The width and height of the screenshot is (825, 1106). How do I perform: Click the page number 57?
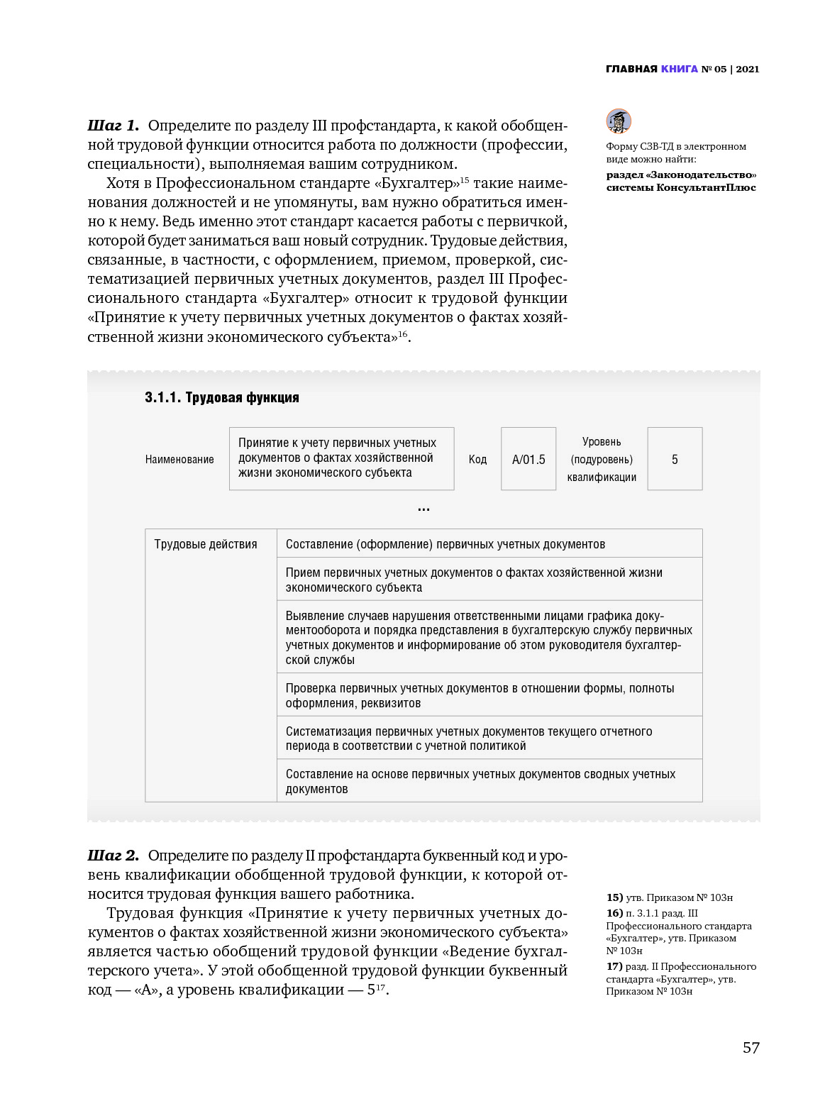(751, 1048)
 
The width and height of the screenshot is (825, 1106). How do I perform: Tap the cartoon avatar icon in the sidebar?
(619, 121)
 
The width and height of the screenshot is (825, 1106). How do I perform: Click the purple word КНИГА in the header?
(679, 69)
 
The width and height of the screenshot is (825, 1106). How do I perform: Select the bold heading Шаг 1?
(113, 126)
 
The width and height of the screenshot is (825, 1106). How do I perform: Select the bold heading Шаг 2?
(113, 856)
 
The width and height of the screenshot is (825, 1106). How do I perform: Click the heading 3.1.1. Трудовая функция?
(221, 397)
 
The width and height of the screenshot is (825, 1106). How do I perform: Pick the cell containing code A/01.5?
(528, 459)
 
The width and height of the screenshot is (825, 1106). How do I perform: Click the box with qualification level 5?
(675, 459)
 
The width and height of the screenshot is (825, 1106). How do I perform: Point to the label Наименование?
(179, 459)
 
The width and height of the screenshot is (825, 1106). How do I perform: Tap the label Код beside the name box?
(477, 459)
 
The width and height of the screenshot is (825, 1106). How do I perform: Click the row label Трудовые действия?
(206, 544)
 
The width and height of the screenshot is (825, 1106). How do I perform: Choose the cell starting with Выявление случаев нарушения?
(489, 637)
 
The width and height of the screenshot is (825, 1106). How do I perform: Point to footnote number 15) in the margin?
(614, 897)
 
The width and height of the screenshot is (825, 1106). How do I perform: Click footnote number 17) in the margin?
(614, 966)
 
